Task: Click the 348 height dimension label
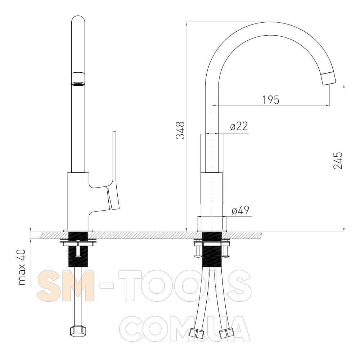tap(180, 130)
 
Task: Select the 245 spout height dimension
tap(338, 161)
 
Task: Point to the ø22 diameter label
tap(239, 126)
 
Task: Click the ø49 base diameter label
tap(240, 210)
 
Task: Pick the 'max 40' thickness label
tap(22, 267)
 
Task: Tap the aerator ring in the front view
tap(78, 79)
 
